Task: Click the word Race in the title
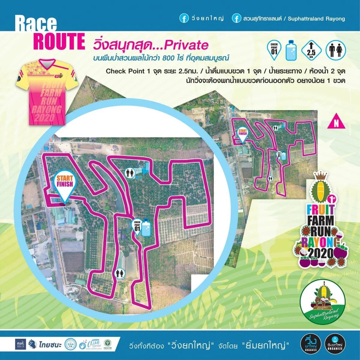(36, 24)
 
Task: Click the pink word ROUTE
(59, 42)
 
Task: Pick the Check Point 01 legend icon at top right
(274, 50)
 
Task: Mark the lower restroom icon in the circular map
(120, 274)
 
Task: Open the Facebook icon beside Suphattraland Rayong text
(236, 19)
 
